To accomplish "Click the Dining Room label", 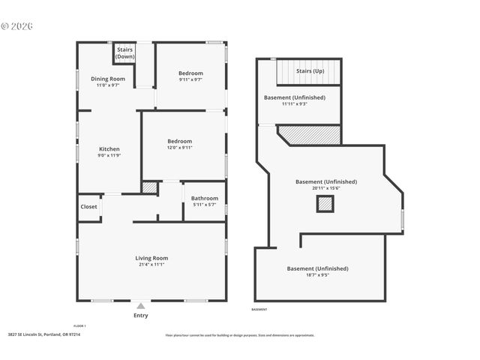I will click(108, 79).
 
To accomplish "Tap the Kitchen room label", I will click(109, 149).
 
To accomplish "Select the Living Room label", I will click(151, 258).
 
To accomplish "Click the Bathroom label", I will click(205, 198).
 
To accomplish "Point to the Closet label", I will click(88, 207).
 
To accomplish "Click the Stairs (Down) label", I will click(125, 52).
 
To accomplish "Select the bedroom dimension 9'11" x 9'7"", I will click(190, 79).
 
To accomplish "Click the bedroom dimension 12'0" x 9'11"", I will click(180, 148).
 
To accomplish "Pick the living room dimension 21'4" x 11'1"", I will click(151, 265).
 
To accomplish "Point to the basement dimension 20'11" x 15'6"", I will click(326, 188).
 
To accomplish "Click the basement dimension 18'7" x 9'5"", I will click(317, 275).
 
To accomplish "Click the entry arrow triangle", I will click(140, 306).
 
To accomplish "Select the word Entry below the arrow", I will click(140, 316).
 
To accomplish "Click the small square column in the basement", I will click(325, 203).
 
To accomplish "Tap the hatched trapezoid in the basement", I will click(311, 135).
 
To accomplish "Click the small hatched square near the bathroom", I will click(150, 187).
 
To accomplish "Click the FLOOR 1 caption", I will click(79, 325).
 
